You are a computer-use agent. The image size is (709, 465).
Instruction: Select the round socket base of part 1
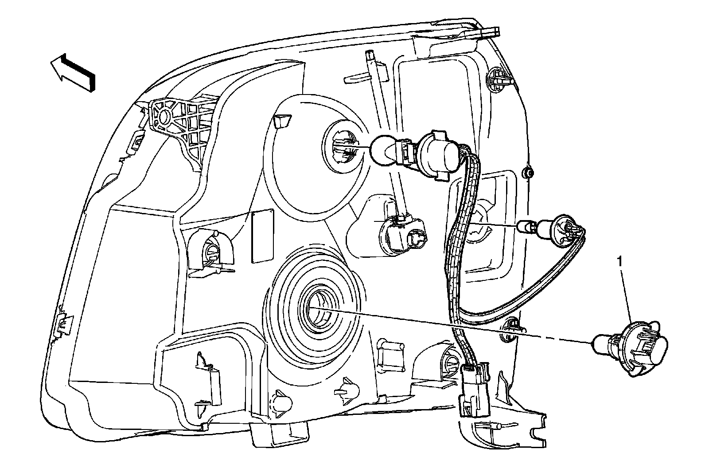click(x=640, y=351)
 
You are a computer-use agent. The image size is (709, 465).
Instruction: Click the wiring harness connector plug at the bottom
click(x=473, y=386)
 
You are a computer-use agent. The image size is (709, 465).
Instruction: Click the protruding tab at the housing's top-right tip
click(x=490, y=31)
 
